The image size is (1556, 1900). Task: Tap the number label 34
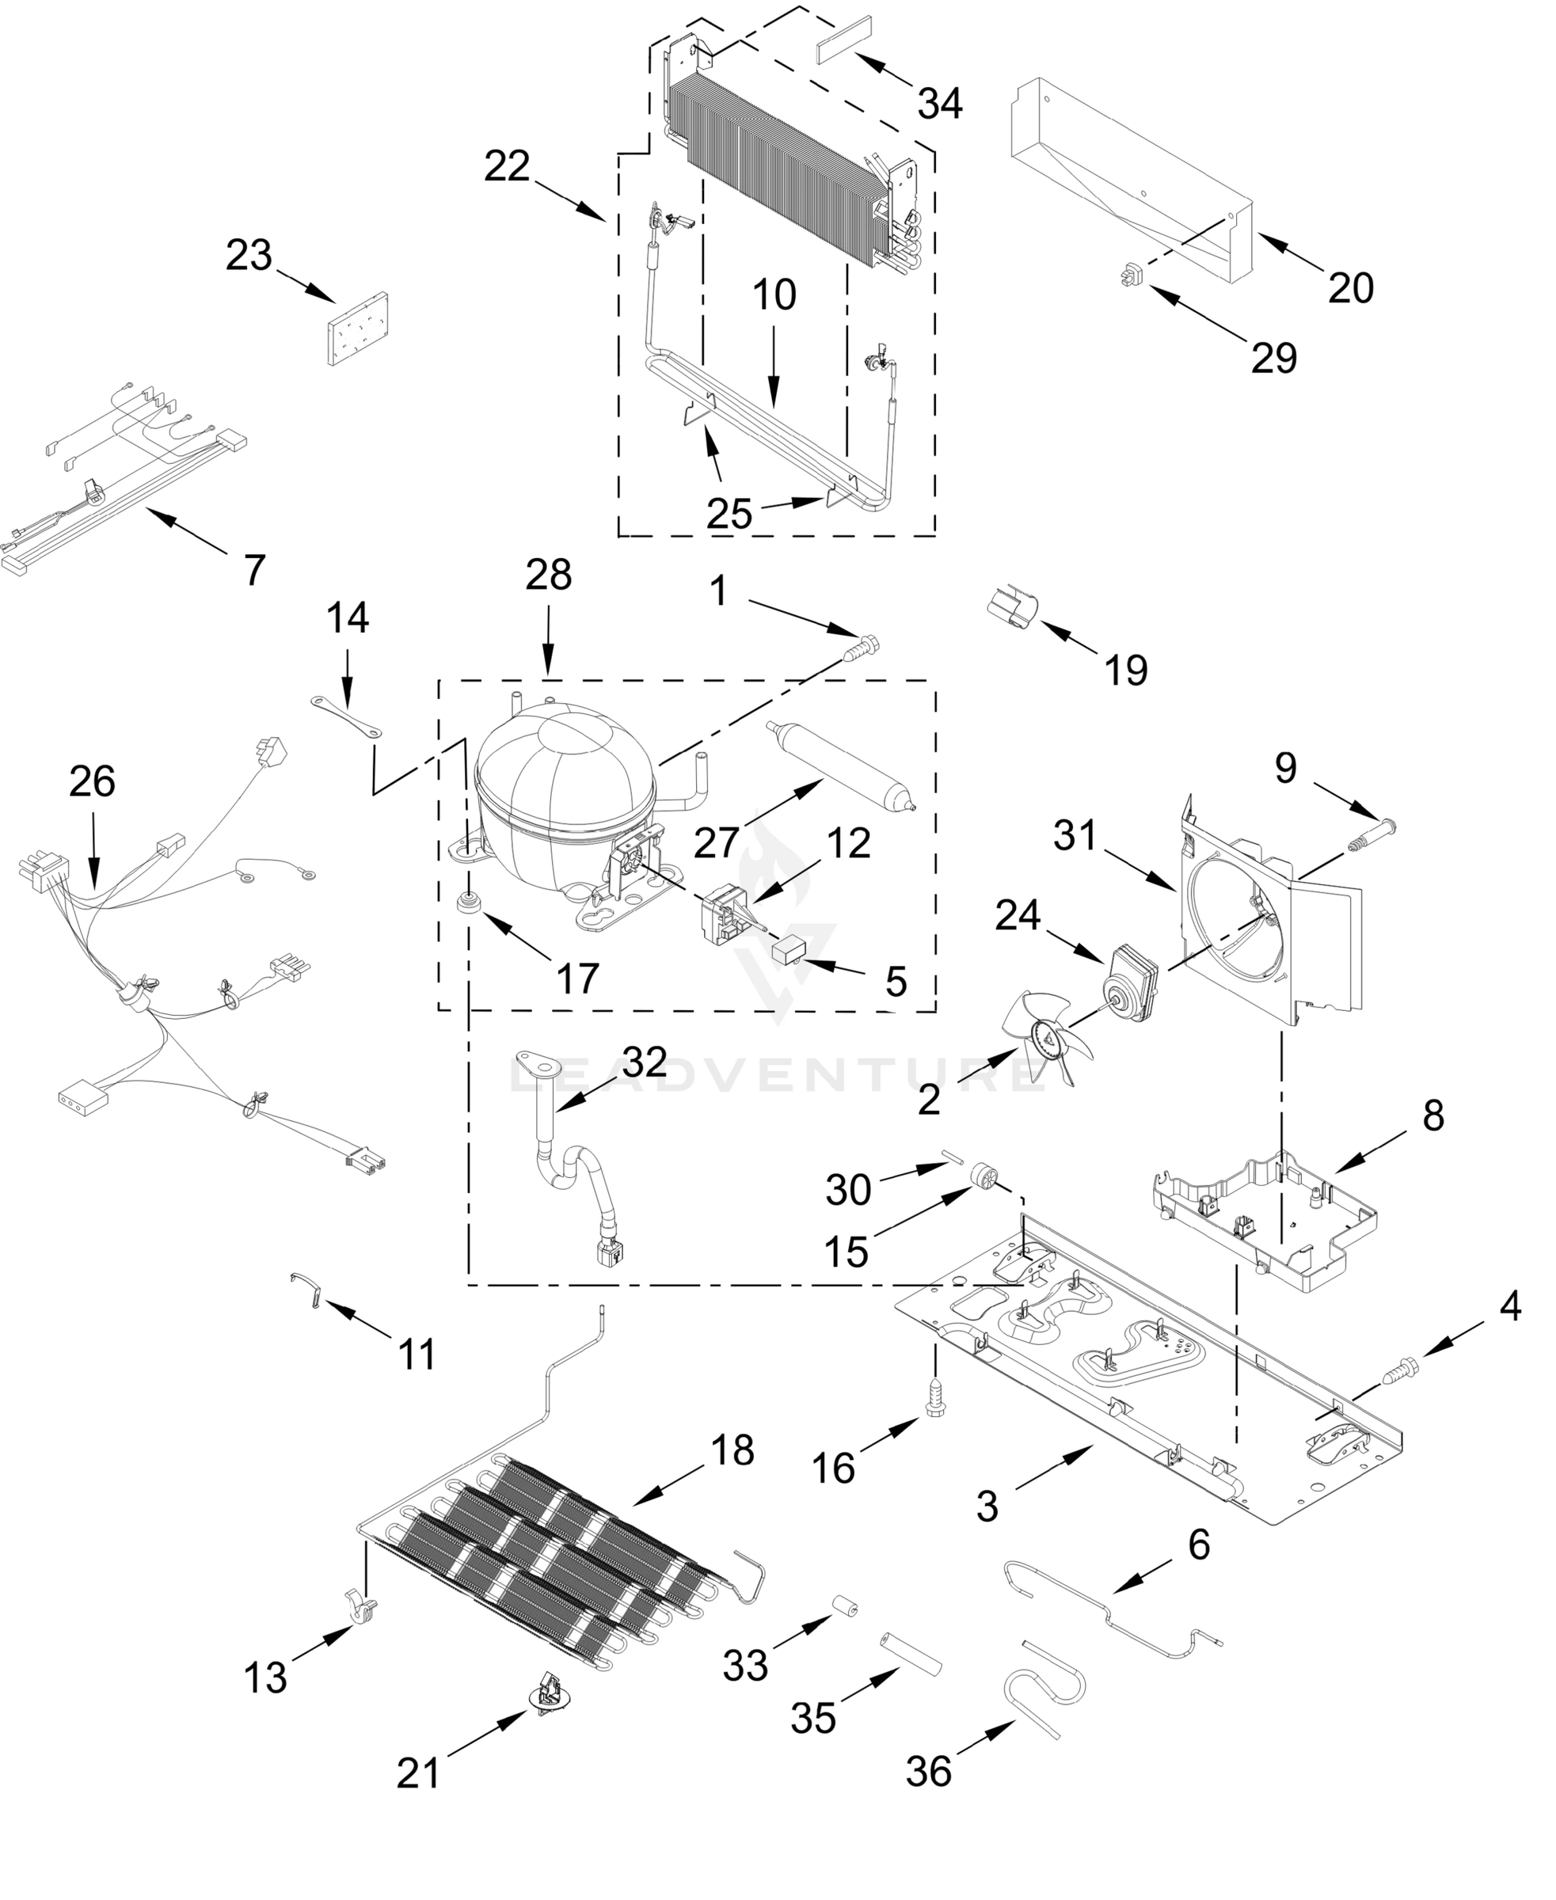tap(939, 104)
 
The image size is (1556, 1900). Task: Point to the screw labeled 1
tap(863, 645)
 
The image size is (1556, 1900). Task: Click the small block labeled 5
tap(789, 948)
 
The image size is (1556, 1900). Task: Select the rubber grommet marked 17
tap(466, 902)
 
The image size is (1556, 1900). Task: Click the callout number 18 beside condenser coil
tap(732, 1450)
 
